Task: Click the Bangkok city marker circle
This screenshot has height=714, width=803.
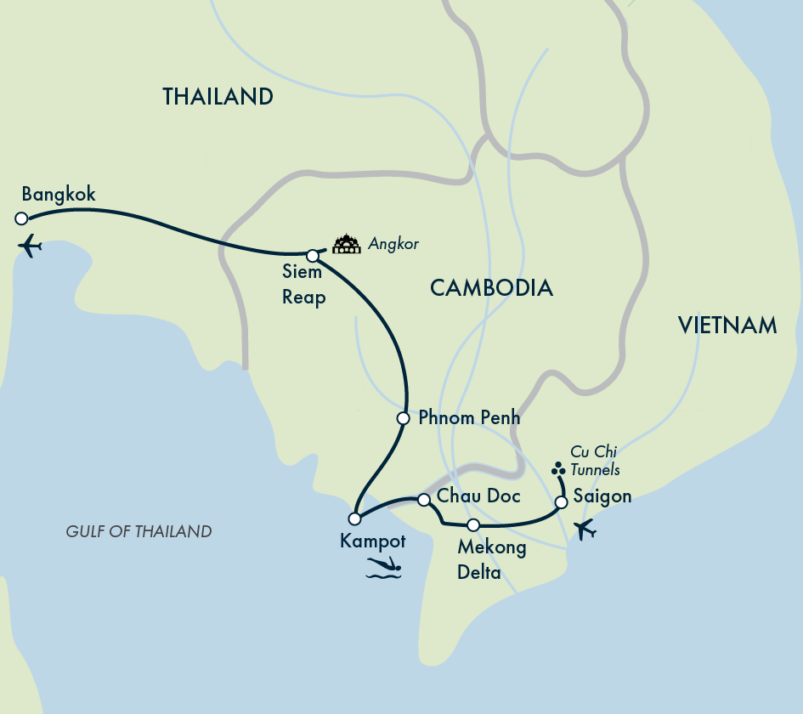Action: (21, 218)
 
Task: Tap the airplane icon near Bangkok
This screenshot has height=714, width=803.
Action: (30, 246)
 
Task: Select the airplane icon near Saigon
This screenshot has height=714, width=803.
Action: (585, 530)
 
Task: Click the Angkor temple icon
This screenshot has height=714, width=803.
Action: (347, 245)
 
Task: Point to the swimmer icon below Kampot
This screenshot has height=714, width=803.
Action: (384, 569)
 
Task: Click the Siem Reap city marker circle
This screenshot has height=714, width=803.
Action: (313, 256)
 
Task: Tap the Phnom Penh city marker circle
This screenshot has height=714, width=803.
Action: (404, 418)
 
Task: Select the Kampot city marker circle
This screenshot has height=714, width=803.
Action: (354, 518)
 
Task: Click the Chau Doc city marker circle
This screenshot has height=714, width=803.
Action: (423, 500)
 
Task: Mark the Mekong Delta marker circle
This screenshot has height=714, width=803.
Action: (473, 524)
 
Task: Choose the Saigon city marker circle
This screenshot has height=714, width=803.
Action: (561, 502)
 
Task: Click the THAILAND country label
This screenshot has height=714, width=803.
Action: (218, 97)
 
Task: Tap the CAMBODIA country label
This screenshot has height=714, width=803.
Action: (491, 288)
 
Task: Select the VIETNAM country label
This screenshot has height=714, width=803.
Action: (727, 325)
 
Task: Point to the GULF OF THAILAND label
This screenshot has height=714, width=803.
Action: (139, 532)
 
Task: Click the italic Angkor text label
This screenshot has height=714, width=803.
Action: (393, 245)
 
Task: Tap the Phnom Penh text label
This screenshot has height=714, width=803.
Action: (469, 418)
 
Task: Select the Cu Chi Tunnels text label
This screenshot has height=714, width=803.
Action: (595, 461)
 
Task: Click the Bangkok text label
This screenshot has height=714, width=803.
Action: (59, 195)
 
